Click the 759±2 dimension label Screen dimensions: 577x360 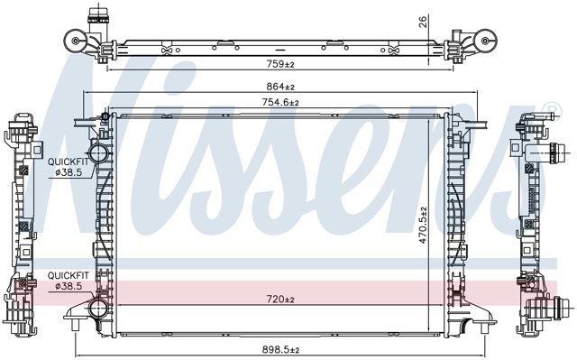[x=280, y=64]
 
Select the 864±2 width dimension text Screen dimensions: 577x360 [x=280, y=87]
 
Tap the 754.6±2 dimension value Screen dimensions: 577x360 [x=280, y=102]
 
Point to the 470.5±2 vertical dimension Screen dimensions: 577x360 [x=423, y=225]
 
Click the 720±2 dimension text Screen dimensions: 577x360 [x=280, y=300]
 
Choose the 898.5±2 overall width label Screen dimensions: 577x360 [x=280, y=350]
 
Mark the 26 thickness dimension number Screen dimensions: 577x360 [x=423, y=22]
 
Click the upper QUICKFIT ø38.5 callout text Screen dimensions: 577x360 [x=69, y=167]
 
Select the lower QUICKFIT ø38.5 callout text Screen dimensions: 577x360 [x=69, y=281]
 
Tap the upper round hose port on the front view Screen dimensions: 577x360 [x=98, y=152]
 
